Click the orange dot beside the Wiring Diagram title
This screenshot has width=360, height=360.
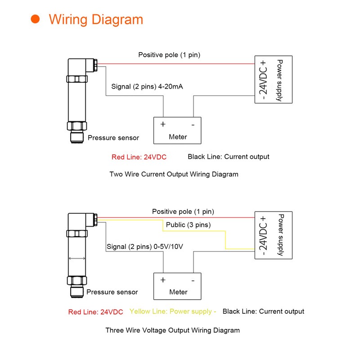pos(35,19)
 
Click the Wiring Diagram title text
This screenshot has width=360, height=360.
pos(96,20)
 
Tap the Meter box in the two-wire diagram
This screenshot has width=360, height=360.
pos(177,130)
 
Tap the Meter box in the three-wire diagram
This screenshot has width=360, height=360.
pos(178,286)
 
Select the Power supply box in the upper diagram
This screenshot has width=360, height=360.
pos(274,79)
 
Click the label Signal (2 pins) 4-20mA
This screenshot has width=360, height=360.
pos(147,86)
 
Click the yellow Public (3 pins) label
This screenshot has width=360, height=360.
pos(188,225)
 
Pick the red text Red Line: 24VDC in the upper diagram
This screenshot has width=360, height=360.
pos(139,157)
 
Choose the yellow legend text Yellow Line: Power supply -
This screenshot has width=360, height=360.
pos(173,311)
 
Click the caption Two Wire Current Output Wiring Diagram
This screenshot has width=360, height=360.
pos(174,174)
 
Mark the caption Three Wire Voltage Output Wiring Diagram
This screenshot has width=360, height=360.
pos(172,330)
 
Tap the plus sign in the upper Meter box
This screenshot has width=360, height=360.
pos(163,124)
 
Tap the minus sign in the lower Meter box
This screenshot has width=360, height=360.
pos(193,280)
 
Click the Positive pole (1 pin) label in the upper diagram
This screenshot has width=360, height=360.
pos(169,55)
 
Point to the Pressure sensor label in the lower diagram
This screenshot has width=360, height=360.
pos(112,292)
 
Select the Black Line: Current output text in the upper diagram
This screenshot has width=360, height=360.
pos(228,157)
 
